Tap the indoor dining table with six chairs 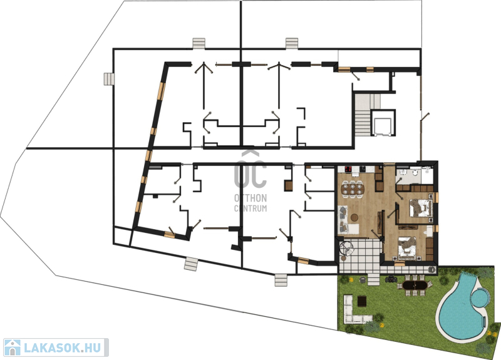(353, 188)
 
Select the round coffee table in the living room (354, 218)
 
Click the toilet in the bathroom (415, 173)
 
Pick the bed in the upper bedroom (420, 208)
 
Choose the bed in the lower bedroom (407, 247)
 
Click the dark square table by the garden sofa (362, 301)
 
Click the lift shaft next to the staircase (383, 123)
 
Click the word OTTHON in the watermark (250, 198)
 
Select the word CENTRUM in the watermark (250, 208)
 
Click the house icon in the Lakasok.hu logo (12, 347)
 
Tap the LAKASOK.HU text (63, 347)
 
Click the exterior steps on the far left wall (108, 79)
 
